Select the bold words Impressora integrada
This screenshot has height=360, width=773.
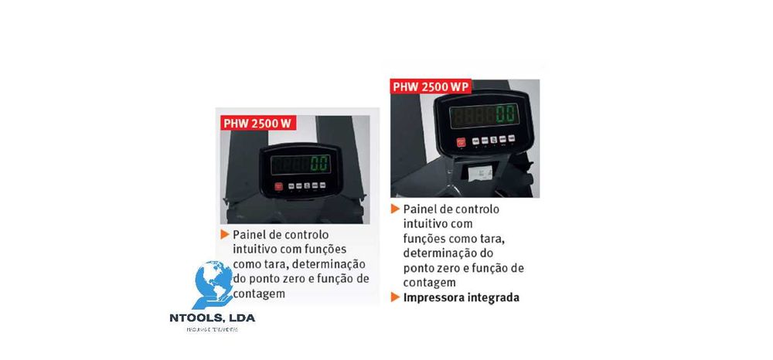coord(461,297)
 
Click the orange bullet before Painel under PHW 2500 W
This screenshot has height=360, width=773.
coord(224,234)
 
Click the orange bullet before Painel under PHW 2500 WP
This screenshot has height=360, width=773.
coord(395,209)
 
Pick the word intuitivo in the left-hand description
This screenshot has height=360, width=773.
coord(256,249)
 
